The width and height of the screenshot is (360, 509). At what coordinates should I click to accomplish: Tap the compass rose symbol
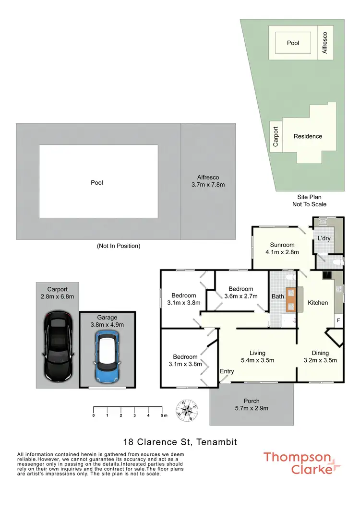(188, 410)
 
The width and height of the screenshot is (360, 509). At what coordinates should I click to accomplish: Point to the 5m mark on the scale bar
(163, 415)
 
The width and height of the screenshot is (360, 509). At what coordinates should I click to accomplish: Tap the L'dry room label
(322, 238)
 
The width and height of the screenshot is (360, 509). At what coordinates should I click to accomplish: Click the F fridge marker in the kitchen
(338, 320)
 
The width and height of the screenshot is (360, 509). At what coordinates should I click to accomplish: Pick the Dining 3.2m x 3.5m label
(320, 356)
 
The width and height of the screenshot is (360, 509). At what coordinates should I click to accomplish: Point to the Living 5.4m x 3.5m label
(257, 356)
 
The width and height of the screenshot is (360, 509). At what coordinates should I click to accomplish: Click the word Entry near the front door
(227, 371)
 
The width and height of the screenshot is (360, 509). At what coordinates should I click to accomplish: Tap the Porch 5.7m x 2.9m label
(252, 404)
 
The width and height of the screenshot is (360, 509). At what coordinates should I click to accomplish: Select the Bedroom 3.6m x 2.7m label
(240, 292)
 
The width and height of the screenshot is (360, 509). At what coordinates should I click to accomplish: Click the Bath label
(277, 296)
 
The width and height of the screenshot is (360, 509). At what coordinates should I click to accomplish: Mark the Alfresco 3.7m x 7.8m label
(208, 181)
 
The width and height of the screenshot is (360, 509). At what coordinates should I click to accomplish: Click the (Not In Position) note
(119, 246)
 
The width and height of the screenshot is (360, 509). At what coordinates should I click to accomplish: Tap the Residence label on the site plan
(308, 136)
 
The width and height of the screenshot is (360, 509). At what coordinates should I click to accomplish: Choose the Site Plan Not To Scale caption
(309, 201)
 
